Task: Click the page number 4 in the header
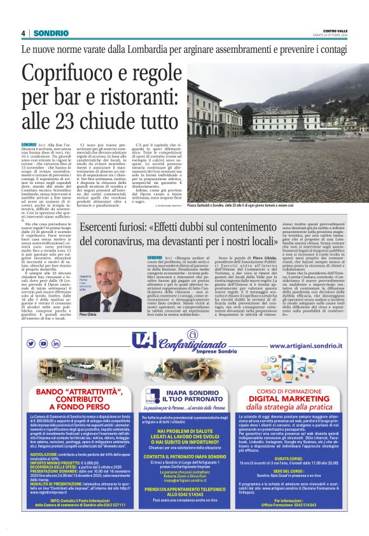(23, 33)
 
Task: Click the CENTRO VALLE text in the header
(335, 30)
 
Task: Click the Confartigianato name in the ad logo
(188, 342)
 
